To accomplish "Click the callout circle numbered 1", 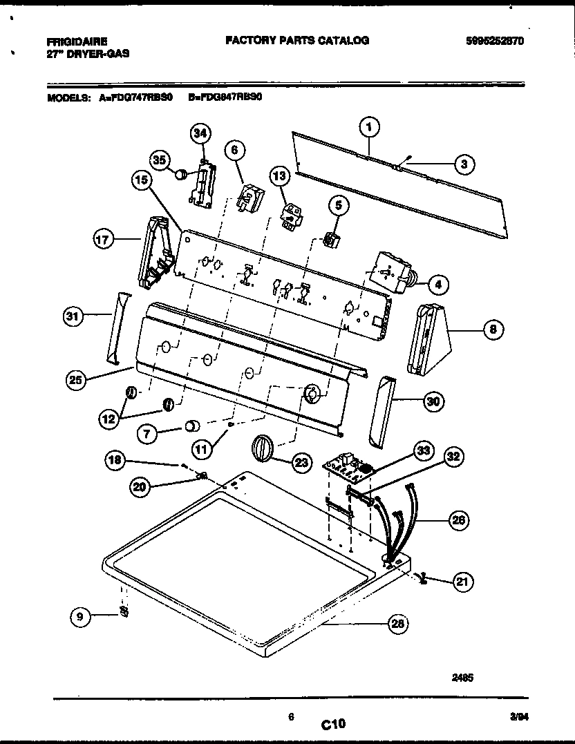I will tap(370, 127).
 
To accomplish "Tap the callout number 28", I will tap(397, 624).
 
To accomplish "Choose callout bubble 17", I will tap(103, 240).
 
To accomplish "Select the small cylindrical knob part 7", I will tap(191, 425).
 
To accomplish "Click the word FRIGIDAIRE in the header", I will tap(77, 42).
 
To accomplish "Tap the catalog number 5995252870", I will tap(495, 41).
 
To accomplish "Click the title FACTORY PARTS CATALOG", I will tap(297, 41).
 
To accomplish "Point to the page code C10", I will tap(332, 724).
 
